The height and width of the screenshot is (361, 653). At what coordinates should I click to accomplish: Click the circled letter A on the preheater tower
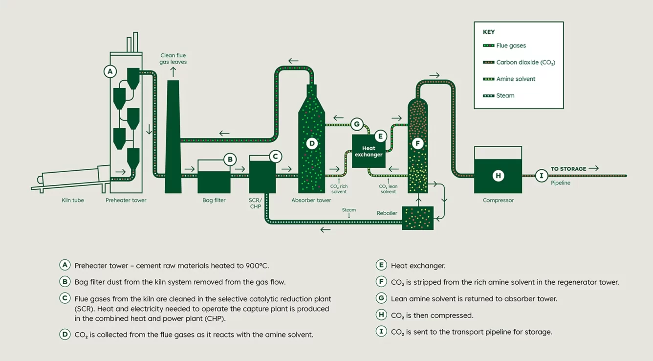[110, 71]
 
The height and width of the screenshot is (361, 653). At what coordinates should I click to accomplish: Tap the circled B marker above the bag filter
[230, 159]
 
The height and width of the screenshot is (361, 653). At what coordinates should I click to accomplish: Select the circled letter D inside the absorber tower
[311, 143]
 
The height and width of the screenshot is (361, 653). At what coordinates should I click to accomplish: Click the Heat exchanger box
[369, 151]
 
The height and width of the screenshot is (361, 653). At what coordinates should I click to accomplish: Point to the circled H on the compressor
[498, 176]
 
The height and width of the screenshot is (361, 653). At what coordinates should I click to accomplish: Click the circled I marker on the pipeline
[541, 176]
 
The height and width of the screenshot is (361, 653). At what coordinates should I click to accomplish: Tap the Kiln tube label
[73, 200]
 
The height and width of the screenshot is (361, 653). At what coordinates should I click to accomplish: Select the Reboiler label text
[387, 213]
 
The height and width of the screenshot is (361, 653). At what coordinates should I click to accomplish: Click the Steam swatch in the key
[488, 96]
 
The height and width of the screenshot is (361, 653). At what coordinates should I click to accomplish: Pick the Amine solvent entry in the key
[516, 79]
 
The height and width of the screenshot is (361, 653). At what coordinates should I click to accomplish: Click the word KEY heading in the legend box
[489, 32]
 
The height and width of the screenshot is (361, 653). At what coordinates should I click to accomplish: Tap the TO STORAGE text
[568, 169]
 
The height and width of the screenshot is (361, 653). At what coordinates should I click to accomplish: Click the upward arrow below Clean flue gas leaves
[173, 72]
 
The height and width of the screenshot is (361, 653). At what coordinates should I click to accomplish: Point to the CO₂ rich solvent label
[339, 189]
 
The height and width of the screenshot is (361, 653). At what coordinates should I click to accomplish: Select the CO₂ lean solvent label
[388, 189]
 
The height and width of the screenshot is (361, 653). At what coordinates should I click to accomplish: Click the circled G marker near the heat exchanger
[357, 124]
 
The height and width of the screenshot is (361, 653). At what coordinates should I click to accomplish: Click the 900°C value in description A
[257, 266]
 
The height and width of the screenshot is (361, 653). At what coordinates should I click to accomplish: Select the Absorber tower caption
[311, 200]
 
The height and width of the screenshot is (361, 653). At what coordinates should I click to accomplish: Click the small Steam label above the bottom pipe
[349, 210]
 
